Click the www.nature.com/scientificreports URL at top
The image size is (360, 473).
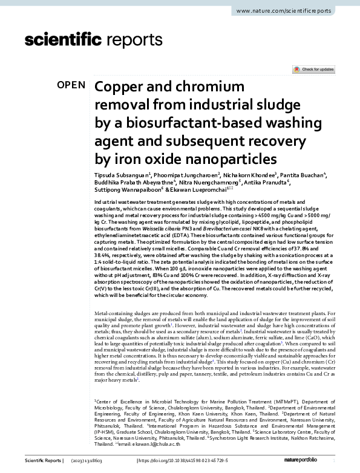(291, 11)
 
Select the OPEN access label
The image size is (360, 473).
(71, 85)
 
